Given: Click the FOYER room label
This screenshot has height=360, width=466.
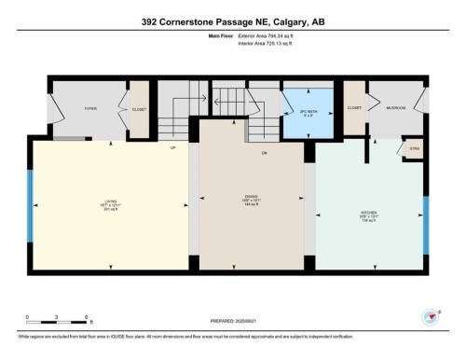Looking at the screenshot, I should (x=90, y=108).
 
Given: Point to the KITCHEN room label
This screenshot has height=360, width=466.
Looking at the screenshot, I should (x=369, y=213).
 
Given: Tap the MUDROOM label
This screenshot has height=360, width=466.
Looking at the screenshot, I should (x=397, y=108).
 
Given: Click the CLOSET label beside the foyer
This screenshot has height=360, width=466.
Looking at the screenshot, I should (x=139, y=108).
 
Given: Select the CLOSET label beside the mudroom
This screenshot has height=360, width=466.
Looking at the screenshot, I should (x=354, y=108).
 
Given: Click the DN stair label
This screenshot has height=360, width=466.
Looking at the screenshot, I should (x=264, y=152).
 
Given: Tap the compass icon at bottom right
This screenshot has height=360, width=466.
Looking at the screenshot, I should (x=430, y=316).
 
